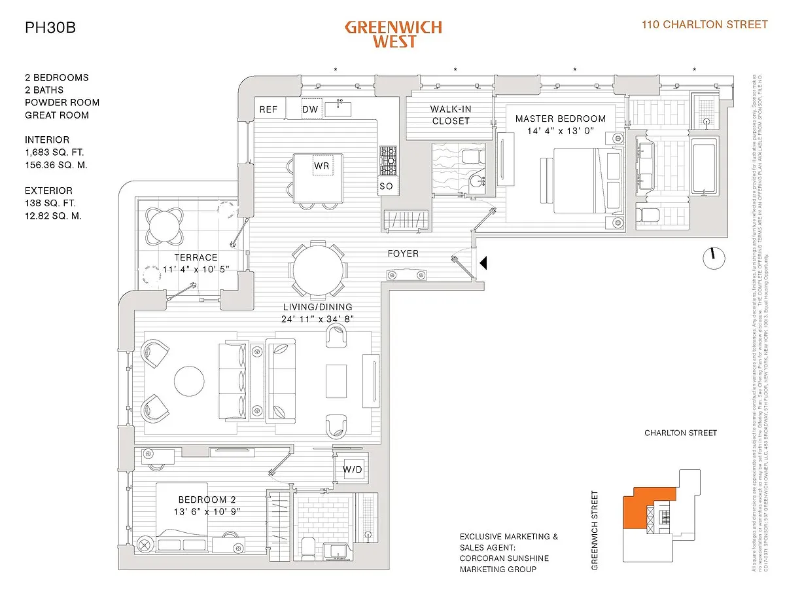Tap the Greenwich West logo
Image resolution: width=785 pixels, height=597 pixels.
coord(393,34)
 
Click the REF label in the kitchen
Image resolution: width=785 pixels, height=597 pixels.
coord(268,109)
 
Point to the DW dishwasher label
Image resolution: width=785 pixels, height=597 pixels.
coord(310,109)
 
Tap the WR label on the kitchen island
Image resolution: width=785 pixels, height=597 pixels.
coord(321,166)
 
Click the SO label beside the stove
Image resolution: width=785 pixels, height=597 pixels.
coord(386,187)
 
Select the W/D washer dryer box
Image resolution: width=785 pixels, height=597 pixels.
coord(353,469)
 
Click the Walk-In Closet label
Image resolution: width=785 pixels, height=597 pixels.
coord(451,115)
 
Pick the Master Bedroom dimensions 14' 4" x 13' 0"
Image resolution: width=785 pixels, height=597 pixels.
coord(560,131)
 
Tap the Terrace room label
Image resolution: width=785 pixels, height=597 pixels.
coord(195,257)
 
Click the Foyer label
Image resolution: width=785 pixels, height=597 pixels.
coord(403,253)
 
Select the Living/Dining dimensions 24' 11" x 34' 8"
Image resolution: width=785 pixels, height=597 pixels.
coord(318,319)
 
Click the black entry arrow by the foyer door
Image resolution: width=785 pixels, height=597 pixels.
coord(484,262)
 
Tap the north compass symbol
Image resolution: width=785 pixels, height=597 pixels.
coord(714,257)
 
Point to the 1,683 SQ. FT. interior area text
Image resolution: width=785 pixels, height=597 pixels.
coord(56,153)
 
